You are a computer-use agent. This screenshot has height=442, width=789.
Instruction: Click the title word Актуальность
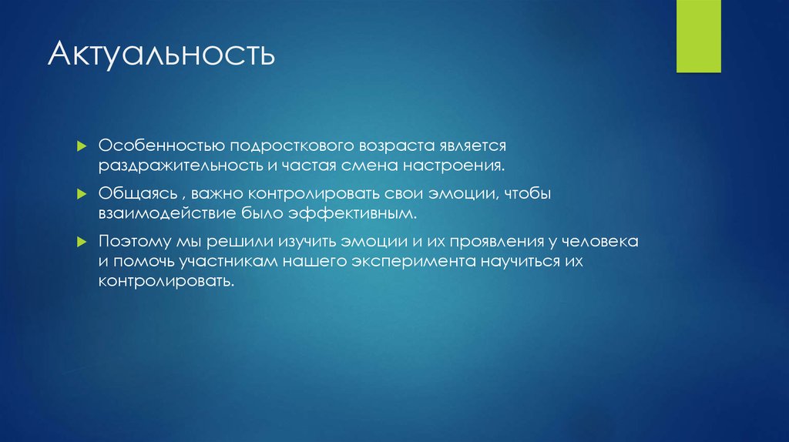pyautogui.click(x=160, y=56)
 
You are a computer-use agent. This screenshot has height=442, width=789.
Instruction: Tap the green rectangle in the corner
pyautogui.click(x=698, y=35)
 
